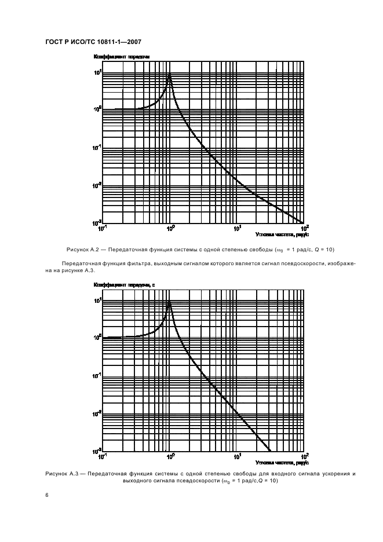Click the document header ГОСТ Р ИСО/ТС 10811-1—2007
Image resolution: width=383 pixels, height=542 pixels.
[93, 42]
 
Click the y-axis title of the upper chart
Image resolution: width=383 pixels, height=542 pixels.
[122, 57]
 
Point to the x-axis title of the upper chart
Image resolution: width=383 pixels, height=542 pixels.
[282, 235]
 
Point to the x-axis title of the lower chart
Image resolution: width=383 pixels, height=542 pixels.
[282, 463]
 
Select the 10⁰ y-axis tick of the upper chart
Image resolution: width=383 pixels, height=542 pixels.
[98, 109]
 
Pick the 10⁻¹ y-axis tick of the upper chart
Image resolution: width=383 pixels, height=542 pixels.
[97, 147]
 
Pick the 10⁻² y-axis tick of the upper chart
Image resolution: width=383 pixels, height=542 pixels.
[97, 185]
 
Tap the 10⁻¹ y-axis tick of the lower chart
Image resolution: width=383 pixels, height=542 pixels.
[97, 376]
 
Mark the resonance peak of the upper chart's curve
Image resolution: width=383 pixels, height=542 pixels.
[169, 75]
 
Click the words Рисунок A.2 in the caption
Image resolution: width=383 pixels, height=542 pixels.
[84, 250]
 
